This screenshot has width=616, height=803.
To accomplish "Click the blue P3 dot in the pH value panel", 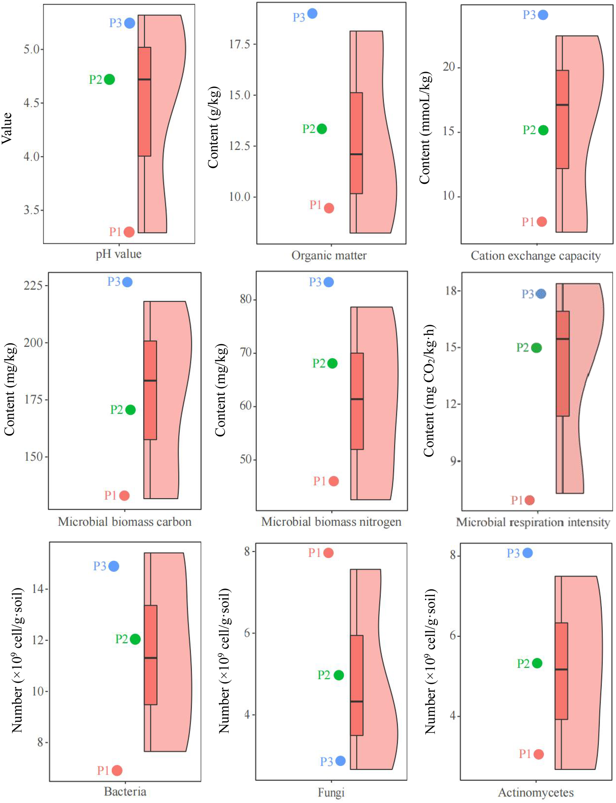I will (129, 23).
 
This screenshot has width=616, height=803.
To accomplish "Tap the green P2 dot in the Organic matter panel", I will (322, 129).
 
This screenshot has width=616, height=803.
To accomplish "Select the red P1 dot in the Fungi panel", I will (328, 552).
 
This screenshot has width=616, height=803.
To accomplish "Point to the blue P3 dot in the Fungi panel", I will (340, 761).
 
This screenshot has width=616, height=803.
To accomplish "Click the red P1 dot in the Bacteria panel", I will (117, 770).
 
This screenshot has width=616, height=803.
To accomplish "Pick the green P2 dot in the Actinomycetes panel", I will (537, 663).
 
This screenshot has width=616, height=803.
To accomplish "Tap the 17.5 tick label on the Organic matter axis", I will (239, 44).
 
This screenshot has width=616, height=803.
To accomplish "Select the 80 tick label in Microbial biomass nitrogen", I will (245, 299).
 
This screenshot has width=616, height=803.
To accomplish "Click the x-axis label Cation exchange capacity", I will (535, 256).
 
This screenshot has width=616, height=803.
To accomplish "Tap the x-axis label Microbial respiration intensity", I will (533, 522).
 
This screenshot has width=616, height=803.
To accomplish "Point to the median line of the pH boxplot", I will (144, 79).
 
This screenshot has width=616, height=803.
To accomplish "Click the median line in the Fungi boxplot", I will (356, 702).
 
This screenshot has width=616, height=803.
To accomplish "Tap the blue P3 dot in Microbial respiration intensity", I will (541, 294).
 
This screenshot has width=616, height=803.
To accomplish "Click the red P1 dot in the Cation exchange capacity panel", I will (542, 222).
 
